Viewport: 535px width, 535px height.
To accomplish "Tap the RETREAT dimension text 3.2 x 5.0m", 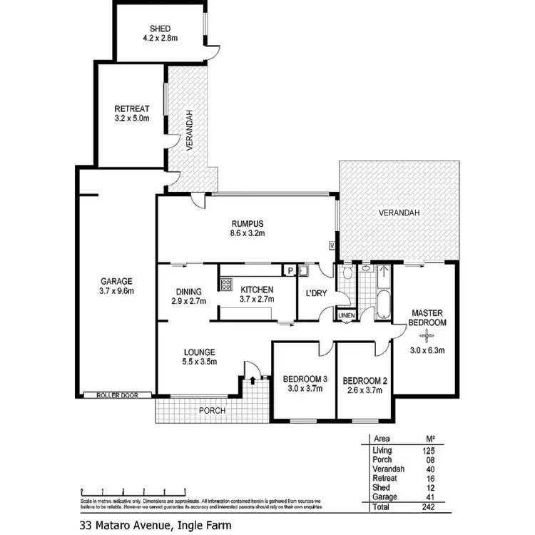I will (132, 118).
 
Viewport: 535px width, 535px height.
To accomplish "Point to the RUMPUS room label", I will (248, 222).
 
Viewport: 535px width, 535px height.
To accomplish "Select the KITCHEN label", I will (257, 290).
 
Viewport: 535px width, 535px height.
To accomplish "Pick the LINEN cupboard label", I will (346, 315).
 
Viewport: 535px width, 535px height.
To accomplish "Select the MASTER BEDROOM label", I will (427, 317).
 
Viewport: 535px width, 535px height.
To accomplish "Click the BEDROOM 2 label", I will (364, 379).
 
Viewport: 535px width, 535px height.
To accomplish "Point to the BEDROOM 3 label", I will (305, 379).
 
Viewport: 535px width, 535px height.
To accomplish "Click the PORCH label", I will (212, 411).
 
